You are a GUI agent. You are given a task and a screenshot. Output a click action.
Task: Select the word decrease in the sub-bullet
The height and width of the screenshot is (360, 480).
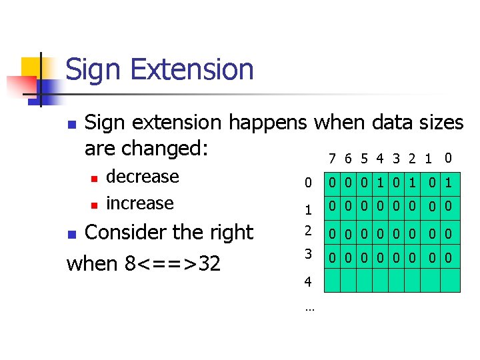[x=143, y=177]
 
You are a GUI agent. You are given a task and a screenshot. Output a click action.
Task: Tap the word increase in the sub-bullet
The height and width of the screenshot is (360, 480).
[x=140, y=203]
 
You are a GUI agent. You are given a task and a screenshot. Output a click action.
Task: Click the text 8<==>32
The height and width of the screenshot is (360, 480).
[x=173, y=263]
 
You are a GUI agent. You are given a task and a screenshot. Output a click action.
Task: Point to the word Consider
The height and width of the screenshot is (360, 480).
[x=126, y=233]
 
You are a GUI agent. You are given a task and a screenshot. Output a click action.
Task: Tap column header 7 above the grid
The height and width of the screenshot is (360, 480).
[x=332, y=159]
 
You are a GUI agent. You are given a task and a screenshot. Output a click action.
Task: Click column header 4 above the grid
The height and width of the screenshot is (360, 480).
[x=379, y=159]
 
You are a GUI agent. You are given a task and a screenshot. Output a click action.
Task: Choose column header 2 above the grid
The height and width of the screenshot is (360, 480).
[x=413, y=159]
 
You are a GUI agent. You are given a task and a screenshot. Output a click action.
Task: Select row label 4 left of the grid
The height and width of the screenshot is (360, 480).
[x=307, y=282]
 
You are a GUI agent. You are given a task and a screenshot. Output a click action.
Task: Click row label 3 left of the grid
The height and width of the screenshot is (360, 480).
[x=307, y=254]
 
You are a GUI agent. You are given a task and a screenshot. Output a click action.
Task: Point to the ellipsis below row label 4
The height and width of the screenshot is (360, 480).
[x=309, y=308]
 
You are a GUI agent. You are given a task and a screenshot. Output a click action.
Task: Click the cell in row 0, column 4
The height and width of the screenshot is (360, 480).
[x=379, y=182]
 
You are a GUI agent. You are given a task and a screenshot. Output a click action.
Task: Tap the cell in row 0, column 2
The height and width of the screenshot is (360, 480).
[x=413, y=182]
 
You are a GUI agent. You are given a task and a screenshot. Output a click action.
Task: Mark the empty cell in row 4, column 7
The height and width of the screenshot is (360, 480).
[x=332, y=281]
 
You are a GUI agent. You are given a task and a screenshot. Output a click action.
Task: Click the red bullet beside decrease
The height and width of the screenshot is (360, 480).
[x=95, y=178]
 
